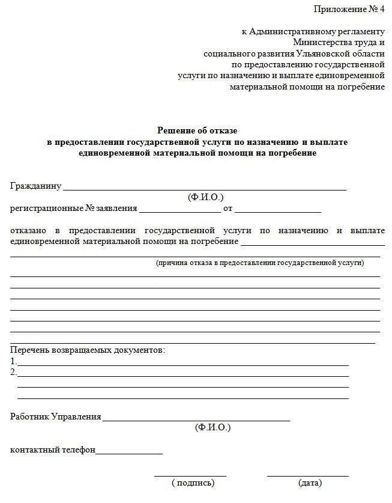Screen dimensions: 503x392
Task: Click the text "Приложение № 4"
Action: click(x=349, y=9)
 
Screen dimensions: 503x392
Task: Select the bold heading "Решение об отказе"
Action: click(x=198, y=130)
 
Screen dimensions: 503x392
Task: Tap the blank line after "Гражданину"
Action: click(x=205, y=187)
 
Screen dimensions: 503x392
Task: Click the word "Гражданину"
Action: click(x=36, y=186)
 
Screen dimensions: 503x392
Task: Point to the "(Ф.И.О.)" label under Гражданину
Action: click(x=205, y=197)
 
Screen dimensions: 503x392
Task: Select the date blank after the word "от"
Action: click(x=278, y=210)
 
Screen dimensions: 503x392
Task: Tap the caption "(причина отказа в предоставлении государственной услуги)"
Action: click(x=260, y=263)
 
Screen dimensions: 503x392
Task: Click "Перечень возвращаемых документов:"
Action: click(x=88, y=350)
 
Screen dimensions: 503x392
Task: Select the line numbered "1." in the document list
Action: click(x=183, y=364)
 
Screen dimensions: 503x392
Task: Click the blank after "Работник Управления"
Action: click(x=196, y=418)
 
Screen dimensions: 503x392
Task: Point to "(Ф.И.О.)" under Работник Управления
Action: click(x=213, y=427)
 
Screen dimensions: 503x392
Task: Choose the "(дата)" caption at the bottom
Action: click(x=310, y=483)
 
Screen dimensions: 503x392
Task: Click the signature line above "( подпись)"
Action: click(x=190, y=475)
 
